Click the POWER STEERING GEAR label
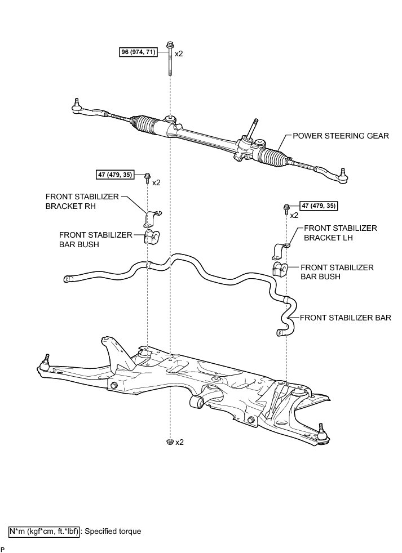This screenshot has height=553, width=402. coord(341,136)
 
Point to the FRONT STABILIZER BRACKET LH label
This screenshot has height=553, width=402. coord(340,233)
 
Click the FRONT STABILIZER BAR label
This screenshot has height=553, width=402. coord(345,318)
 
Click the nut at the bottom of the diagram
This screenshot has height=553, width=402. coord(169,441)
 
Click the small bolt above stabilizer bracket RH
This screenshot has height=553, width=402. coord(148,179)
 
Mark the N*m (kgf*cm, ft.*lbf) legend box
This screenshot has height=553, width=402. coord(45,530)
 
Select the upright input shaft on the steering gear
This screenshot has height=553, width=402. coord(255,127)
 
